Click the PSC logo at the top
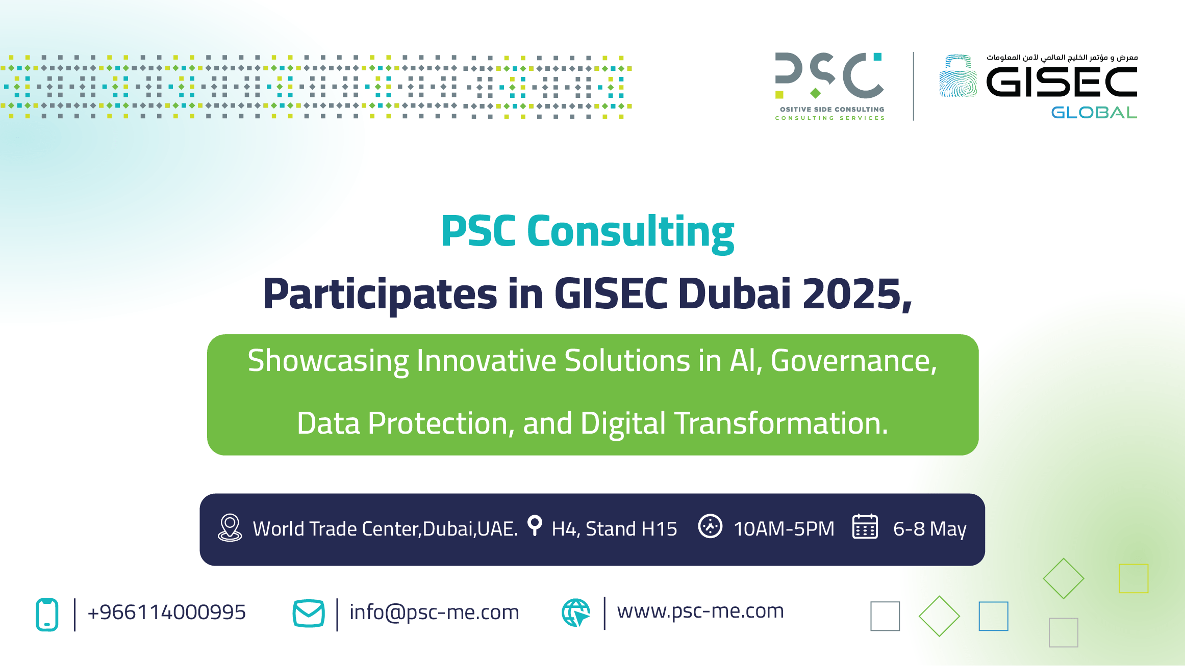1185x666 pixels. point(829,86)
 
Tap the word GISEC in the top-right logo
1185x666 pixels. point(1062,82)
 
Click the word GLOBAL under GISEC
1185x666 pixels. point(1094,112)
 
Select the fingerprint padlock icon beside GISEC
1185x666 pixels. point(958,76)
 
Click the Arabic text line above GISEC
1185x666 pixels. point(1062,58)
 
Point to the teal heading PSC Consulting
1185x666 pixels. point(588,232)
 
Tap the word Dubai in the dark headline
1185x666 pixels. point(735,294)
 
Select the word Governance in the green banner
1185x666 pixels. point(854,361)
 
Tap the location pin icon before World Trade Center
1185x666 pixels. point(230,527)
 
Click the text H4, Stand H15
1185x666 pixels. point(614,529)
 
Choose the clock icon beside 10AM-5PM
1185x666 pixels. point(710,526)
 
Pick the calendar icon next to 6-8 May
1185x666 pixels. point(865,526)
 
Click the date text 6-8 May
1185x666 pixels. point(930,529)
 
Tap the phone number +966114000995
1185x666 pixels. point(167,612)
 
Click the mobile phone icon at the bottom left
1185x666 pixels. point(47,615)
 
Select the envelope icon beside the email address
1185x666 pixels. point(309,614)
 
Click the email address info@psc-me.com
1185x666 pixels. point(434,612)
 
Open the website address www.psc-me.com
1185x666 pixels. point(700,611)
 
